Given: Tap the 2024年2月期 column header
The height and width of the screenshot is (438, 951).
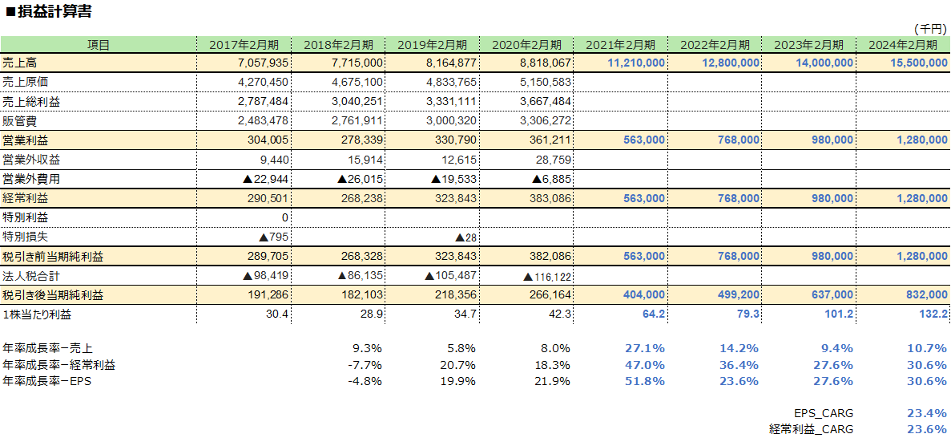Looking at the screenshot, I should [x=902, y=45].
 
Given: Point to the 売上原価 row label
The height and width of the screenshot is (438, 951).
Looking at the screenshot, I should [x=26, y=82].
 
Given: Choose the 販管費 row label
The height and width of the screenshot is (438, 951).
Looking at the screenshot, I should [x=20, y=120].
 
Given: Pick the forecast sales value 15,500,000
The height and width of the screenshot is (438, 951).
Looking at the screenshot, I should [x=911, y=63].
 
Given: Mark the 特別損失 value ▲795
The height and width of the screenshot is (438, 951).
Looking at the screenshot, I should [x=273, y=237].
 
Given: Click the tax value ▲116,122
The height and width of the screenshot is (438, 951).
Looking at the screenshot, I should [x=547, y=276].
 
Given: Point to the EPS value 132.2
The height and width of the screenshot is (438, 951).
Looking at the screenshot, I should [x=933, y=314].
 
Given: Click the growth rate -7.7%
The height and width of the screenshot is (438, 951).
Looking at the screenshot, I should [x=365, y=365].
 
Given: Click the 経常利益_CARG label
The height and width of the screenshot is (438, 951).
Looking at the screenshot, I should [x=811, y=429].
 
